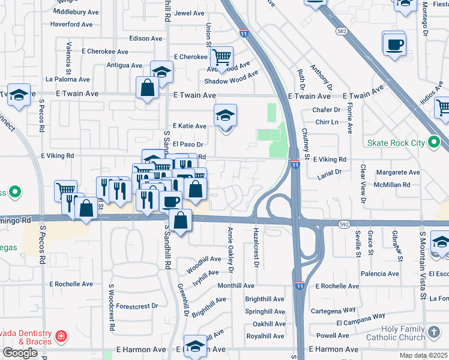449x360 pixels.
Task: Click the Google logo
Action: [20, 352]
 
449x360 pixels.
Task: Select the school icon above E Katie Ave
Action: [226, 115]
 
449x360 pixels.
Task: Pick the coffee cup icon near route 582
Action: [394, 44]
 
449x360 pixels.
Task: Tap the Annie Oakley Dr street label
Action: [229, 247]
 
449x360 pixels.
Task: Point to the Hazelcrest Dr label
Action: [256, 247]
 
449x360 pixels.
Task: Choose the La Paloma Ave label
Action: [67, 79]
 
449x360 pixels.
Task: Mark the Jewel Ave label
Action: [189, 13]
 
